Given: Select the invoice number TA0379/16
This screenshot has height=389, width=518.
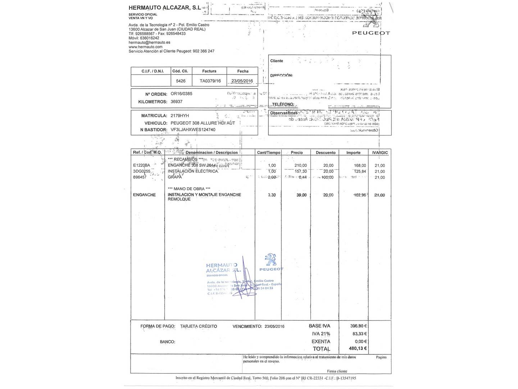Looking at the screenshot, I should [x=210, y=81].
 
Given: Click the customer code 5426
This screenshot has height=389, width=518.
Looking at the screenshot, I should [x=181, y=81].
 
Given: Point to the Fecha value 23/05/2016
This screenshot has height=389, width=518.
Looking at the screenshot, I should [x=242, y=81].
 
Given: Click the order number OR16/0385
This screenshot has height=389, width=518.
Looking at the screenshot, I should [x=181, y=94].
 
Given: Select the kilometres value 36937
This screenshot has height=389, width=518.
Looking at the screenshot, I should [x=176, y=102].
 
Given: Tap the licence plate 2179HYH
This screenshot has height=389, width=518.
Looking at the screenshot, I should [x=180, y=116].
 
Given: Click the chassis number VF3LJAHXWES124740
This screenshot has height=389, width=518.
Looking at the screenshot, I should [x=193, y=129].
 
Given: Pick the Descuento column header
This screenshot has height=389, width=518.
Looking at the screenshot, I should [x=326, y=153].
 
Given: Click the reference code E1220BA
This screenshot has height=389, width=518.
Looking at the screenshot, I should [x=141, y=165].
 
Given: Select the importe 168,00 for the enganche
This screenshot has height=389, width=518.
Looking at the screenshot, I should [x=360, y=165].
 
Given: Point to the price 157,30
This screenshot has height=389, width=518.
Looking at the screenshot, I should [x=301, y=171].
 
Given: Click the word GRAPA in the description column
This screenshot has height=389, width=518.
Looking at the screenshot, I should [x=175, y=177].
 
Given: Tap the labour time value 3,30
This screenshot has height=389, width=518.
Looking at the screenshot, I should [x=272, y=195].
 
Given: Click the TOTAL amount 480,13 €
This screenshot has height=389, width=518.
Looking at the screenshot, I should [x=358, y=348].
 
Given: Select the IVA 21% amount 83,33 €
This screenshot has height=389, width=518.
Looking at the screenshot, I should [x=359, y=334].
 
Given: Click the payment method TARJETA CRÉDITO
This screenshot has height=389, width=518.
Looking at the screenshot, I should [x=199, y=326].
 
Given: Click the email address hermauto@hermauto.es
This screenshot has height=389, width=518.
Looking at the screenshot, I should [x=149, y=43].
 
